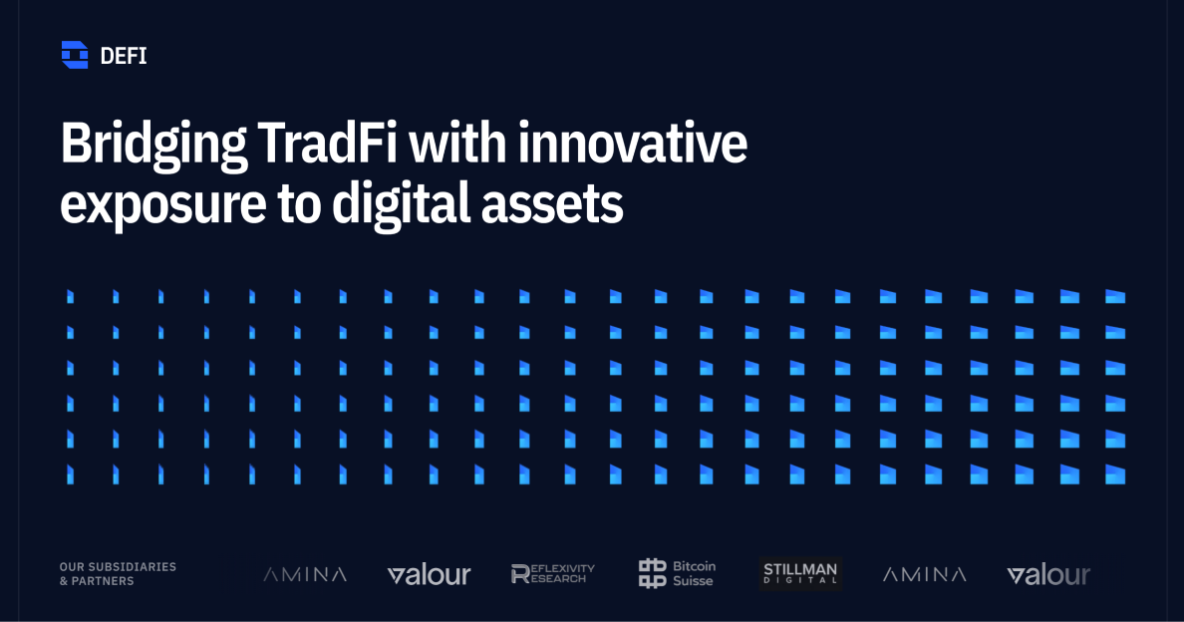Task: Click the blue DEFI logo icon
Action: pyautogui.click(x=74, y=55)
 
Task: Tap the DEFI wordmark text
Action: pyautogui.click(x=123, y=56)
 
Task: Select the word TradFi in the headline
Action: pyautogui.click(x=327, y=143)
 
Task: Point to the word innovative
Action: pyautogui.click(x=633, y=143)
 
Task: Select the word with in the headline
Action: pyautogui.click(x=457, y=143)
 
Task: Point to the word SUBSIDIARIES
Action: pyautogui.click(x=133, y=567)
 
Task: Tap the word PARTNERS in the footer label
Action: pyautogui.click(x=103, y=581)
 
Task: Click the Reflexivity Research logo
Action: pyautogui.click(x=553, y=574)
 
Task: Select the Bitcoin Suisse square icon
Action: pyautogui.click(x=653, y=574)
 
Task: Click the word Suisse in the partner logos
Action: pyautogui.click(x=694, y=581)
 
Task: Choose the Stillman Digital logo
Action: pyautogui.click(x=800, y=574)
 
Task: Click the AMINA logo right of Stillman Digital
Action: pyautogui.click(x=924, y=574)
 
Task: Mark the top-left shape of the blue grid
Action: pyautogui.click(x=70, y=297)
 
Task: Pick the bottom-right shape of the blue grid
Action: pyautogui.click(x=1115, y=474)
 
